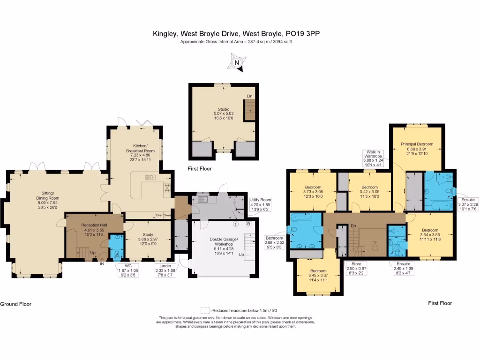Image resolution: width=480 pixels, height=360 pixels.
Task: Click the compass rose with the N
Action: tap(237, 62)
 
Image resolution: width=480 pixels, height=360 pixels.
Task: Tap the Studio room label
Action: tap(222, 112)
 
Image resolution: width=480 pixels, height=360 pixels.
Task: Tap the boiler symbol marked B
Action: tap(249, 224)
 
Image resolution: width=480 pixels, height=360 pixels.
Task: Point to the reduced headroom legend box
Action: tap(205, 310)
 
